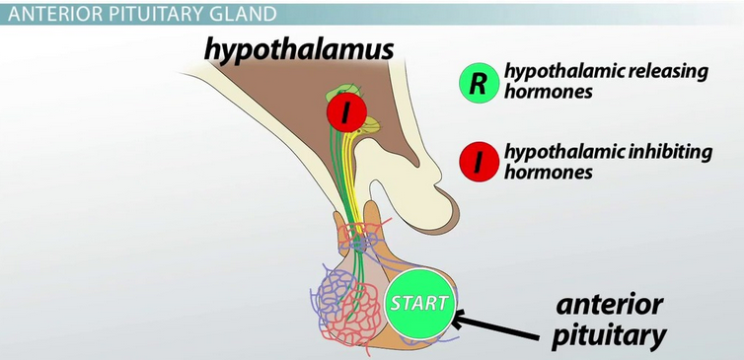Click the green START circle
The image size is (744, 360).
[x=418, y=304]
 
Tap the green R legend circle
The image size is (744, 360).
[x=479, y=83]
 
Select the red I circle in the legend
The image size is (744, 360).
[x=479, y=162]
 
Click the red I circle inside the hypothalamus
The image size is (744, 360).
[x=346, y=111]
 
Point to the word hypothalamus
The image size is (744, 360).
[x=299, y=49]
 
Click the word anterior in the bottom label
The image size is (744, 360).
[x=609, y=306]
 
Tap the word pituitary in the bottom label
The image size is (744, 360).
[x=609, y=336]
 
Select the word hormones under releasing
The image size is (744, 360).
[x=548, y=91]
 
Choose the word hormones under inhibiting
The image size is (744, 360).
[x=548, y=172]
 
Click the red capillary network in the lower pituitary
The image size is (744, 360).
[x=356, y=311]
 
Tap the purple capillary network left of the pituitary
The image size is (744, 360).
[x=328, y=299]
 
